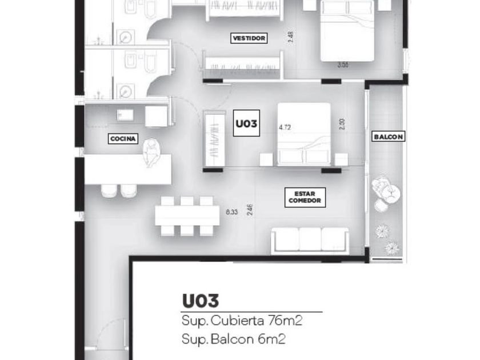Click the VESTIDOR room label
(250, 38)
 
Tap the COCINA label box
(123, 138)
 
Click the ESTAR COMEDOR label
(306, 197)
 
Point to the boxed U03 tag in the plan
(247, 123)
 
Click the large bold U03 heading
(201, 301)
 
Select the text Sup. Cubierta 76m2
(242, 321)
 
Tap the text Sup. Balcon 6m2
(234, 339)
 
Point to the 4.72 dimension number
(285, 127)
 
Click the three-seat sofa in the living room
(310, 239)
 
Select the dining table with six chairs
(188, 216)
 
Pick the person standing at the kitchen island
(152, 153)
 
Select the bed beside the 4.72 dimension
(304, 135)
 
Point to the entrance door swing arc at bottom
(111, 337)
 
